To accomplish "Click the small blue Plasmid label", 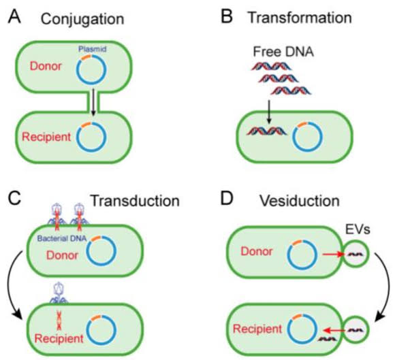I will pos(93,50).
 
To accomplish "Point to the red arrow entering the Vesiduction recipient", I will pos(333,327).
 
